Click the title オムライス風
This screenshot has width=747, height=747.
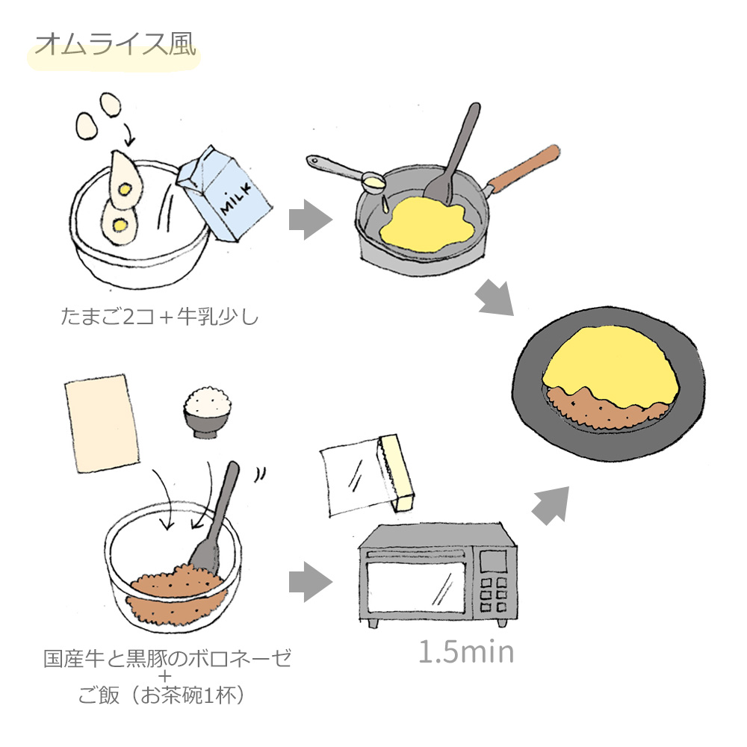(x=115, y=46)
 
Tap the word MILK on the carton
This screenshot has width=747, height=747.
(x=235, y=200)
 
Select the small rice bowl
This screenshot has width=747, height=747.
(x=208, y=412)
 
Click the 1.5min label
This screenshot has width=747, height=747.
(x=466, y=651)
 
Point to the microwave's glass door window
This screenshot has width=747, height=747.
(x=416, y=587)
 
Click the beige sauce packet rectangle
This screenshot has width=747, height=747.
(x=102, y=424)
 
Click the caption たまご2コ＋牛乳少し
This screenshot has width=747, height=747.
(x=159, y=317)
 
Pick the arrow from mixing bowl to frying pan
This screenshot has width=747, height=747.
(x=310, y=220)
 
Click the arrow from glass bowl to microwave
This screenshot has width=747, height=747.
(x=310, y=582)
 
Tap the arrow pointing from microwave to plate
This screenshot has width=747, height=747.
(x=551, y=505)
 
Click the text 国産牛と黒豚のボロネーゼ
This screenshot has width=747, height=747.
(x=167, y=658)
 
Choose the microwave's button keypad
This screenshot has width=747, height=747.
(x=494, y=595)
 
